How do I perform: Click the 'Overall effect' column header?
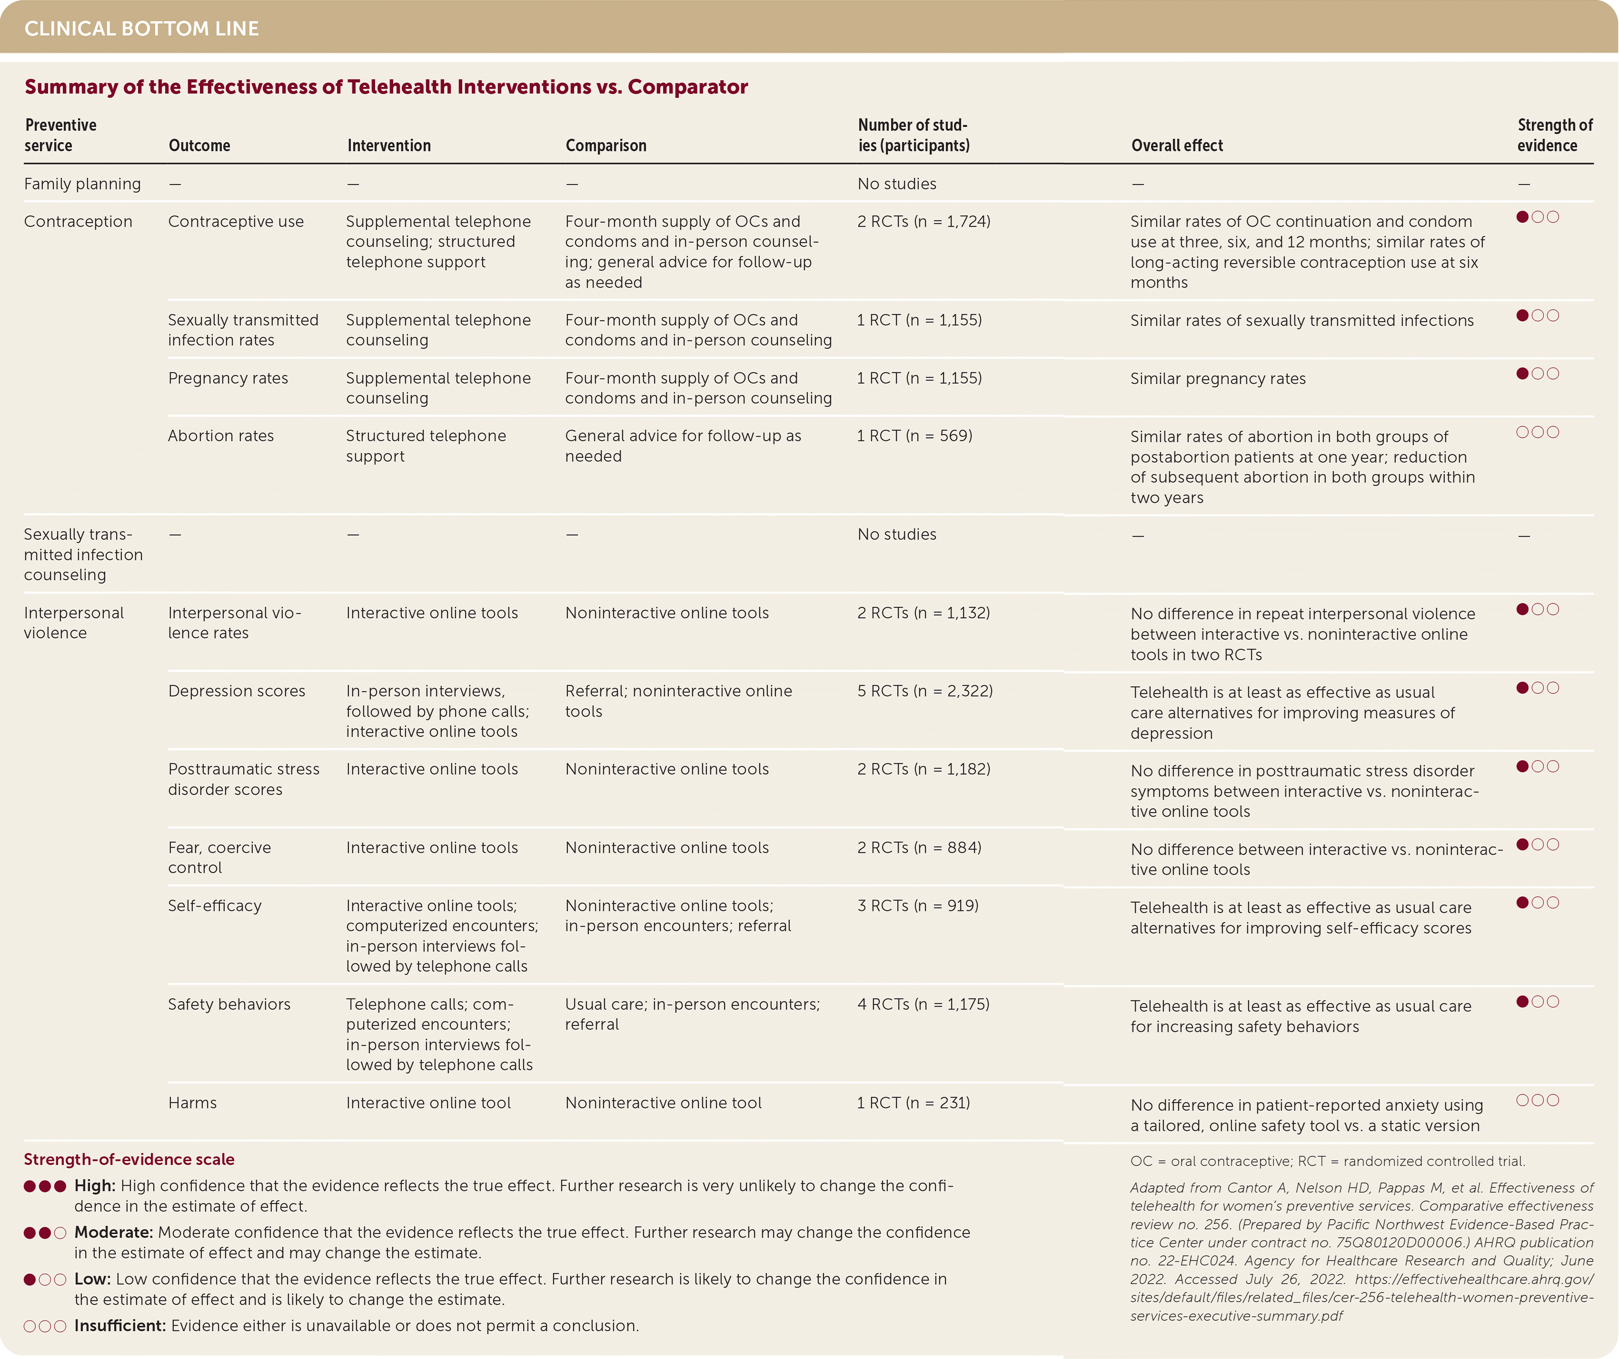tap(1176, 146)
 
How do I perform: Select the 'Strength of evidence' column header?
tap(1554, 135)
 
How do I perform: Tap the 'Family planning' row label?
tap(82, 184)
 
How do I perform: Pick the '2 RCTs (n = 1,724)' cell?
tap(924, 221)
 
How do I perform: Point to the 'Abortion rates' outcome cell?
tap(220, 436)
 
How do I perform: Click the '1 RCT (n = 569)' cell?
tap(914, 436)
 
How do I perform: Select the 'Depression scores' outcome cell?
tap(237, 691)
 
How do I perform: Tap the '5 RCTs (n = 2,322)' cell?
tap(924, 691)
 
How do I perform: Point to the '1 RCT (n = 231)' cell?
tap(914, 1103)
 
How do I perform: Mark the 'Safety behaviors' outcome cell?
tap(229, 1004)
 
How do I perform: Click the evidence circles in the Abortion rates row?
tap(1537, 432)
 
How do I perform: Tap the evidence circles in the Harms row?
tap(1537, 1100)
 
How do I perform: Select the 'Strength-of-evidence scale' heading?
tap(129, 1159)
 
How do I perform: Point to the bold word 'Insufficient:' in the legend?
tap(119, 1326)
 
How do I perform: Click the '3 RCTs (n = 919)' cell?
tap(917, 906)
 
